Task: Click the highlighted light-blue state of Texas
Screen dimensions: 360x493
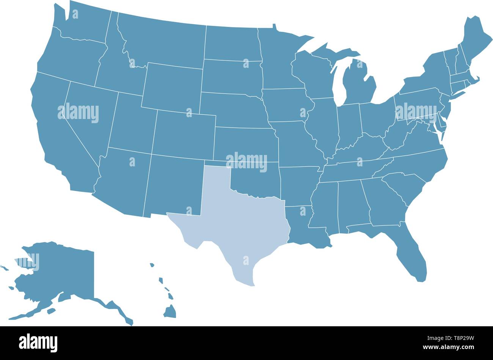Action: click(243, 227)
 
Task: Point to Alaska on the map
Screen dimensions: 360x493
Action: click(61, 273)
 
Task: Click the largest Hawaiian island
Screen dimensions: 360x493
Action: click(170, 312)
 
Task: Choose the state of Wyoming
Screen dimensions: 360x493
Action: click(173, 87)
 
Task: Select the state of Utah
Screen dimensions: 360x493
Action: click(131, 125)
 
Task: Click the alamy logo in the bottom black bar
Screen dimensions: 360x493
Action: click(38, 343)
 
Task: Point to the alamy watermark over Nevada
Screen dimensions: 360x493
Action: click(78, 113)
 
